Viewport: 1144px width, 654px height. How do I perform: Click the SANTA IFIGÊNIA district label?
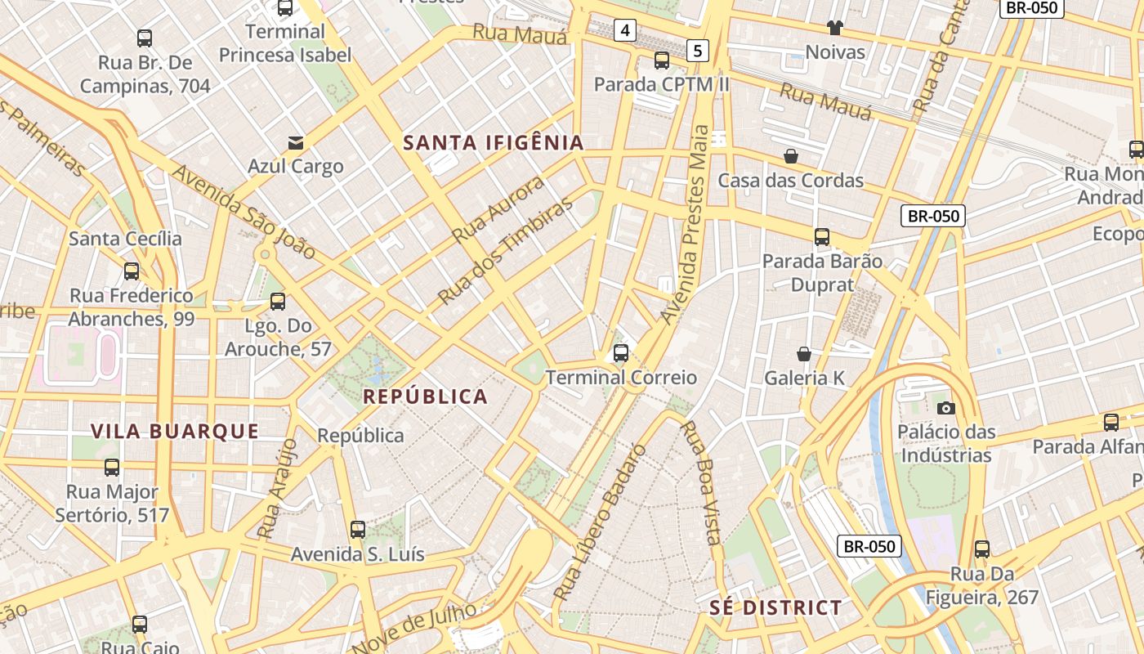tap(494, 143)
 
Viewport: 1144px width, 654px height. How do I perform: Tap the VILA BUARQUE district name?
tap(175, 432)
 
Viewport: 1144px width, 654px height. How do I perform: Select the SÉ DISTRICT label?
tap(775, 607)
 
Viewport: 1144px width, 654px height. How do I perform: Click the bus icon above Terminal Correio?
tap(621, 353)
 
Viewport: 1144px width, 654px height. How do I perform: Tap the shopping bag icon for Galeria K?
tap(804, 354)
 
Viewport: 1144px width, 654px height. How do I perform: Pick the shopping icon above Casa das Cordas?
tap(791, 156)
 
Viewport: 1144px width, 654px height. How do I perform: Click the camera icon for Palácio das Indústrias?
tap(946, 408)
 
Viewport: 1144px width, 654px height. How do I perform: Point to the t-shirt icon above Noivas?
tap(834, 28)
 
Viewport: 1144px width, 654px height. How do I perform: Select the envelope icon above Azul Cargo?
tap(295, 143)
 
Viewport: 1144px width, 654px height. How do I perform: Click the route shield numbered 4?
tap(625, 31)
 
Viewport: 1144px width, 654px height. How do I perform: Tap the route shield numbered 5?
tap(697, 51)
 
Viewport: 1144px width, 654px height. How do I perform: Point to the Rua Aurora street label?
tap(498, 209)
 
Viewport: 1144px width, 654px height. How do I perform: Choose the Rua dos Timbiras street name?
tap(505, 252)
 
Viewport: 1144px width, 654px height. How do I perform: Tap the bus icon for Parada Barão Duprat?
tap(822, 237)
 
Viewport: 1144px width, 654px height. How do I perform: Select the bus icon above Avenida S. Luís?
tap(358, 529)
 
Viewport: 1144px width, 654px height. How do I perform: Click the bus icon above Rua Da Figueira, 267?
tap(982, 549)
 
